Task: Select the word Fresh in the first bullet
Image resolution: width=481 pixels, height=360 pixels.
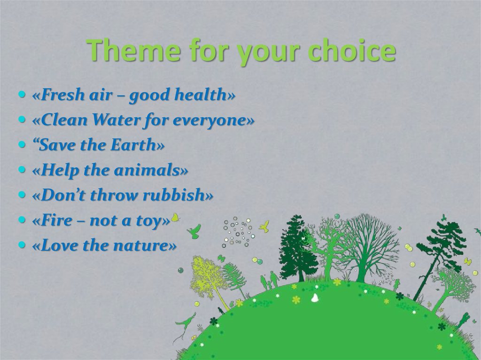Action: tap(60, 95)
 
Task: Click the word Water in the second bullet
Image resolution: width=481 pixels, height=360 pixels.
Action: tap(115, 120)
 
